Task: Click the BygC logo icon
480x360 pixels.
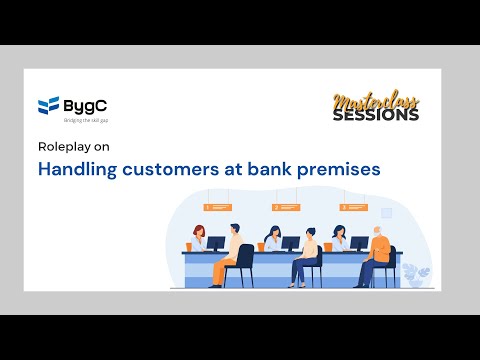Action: pos(47,104)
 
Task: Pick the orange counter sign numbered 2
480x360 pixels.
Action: pos(286,207)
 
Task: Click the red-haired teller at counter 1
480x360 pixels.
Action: pos(198,238)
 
